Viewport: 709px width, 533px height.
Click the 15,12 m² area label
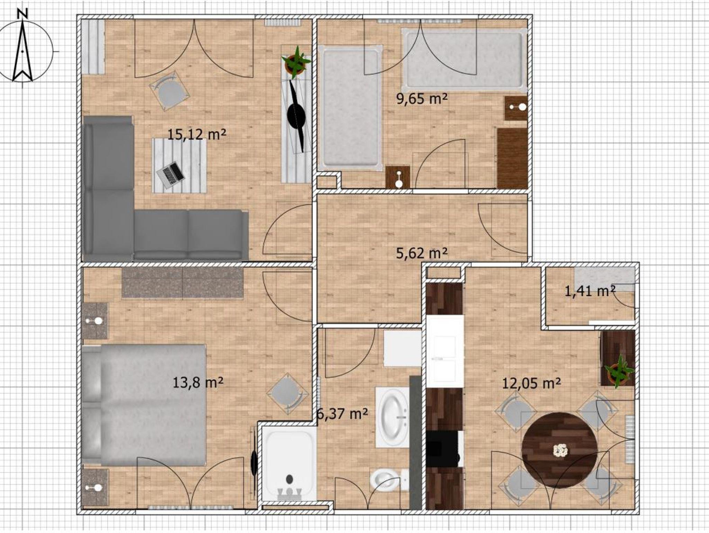click(x=197, y=134)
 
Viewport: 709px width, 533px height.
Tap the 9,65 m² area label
click(x=422, y=99)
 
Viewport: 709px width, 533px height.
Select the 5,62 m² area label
click(x=422, y=253)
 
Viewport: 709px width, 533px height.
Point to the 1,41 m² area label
click(x=590, y=291)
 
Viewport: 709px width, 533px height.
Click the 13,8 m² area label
click(x=198, y=383)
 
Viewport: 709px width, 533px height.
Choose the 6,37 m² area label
click(x=342, y=413)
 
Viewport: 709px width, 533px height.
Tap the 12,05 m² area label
click(x=531, y=383)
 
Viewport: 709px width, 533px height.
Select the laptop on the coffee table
click(x=170, y=175)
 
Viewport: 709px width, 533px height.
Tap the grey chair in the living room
click(x=169, y=91)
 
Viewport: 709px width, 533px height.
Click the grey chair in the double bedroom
click(x=287, y=394)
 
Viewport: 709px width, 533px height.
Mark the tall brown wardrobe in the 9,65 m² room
click(x=512, y=158)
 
